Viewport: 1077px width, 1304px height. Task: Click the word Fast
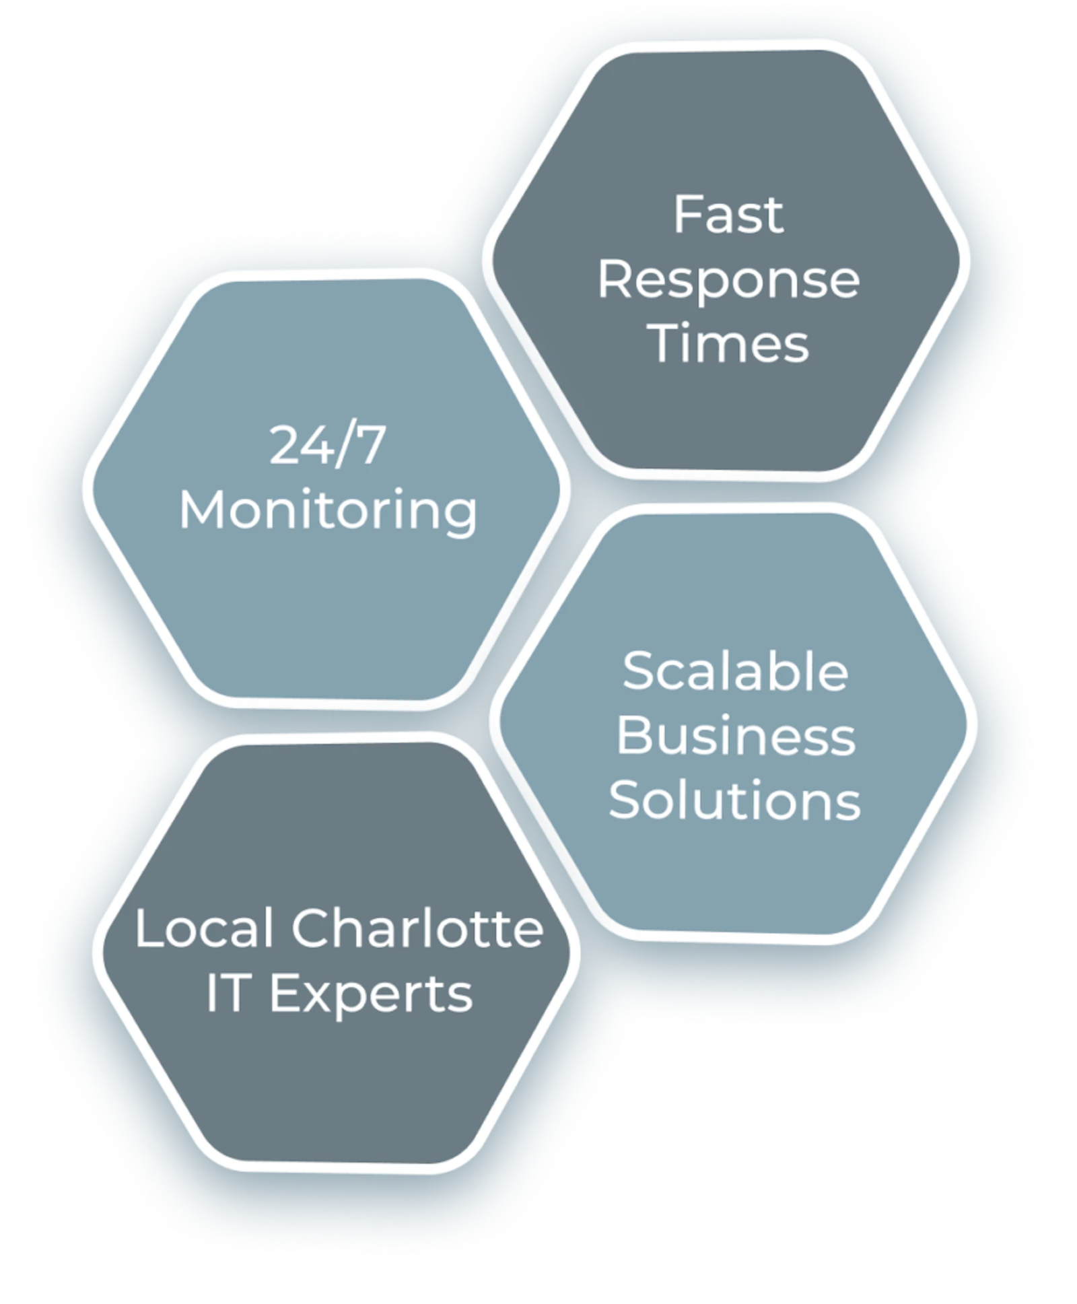click(728, 215)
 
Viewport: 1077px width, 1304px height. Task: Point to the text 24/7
click(327, 445)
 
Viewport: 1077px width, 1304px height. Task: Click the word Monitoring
click(328, 512)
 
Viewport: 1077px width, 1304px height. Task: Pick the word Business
click(736, 735)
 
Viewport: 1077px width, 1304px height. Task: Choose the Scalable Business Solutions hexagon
click(733, 723)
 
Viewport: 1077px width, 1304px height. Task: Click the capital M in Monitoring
click(201, 510)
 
